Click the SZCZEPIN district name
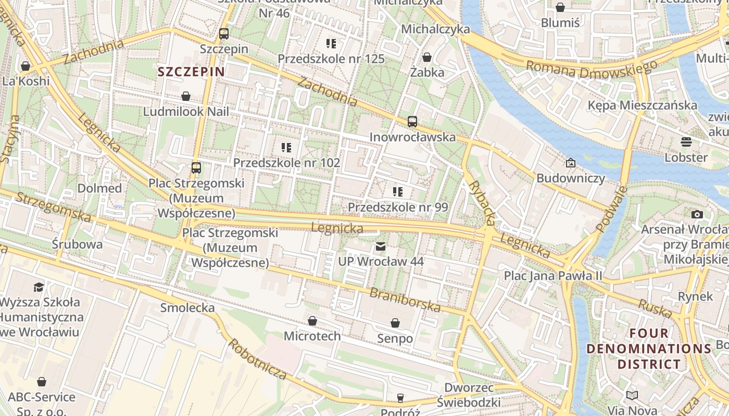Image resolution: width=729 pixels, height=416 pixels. pos(191,72)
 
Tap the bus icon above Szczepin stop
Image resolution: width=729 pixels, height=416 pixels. pos(224,34)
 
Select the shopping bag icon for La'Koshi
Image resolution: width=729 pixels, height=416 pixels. pos(25,66)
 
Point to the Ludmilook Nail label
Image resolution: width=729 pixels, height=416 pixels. pos(186,111)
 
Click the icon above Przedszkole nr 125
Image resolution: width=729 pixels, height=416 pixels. pos(331,44)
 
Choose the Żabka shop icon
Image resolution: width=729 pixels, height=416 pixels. pos(427,57)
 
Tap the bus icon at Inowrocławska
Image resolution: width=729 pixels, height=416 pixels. pos(412,122)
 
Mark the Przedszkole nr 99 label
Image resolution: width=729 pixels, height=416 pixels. pos(398,207)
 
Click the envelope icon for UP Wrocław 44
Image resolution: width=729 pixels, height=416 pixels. pos(381,246)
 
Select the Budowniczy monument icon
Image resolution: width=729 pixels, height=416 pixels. pos(571,163)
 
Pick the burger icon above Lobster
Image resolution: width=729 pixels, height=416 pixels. pos(686,141)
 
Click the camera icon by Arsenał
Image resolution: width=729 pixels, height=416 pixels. pos(697,214)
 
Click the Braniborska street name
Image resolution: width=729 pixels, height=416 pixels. pos(405,300)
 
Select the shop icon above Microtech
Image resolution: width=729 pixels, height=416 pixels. pos(312,321)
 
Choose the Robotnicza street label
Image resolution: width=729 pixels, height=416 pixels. pos(257,359)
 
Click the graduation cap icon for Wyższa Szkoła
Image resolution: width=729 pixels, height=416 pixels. pos(39,287)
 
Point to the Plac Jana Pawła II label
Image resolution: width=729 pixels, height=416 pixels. pos(552,276)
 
